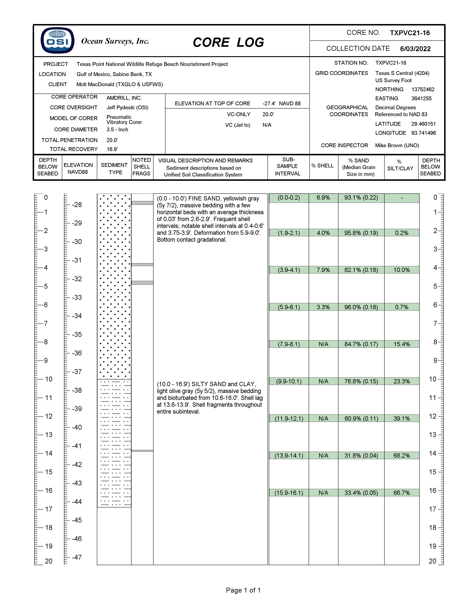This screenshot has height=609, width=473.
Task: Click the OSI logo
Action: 57,40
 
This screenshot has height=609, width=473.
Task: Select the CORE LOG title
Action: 228,42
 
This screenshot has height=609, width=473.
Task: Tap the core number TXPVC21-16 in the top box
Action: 410,33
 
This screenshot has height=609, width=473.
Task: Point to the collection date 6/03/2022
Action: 415,49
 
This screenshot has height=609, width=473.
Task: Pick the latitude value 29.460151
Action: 423,124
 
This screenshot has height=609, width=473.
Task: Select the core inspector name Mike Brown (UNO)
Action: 397,145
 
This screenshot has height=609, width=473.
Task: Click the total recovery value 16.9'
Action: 112,149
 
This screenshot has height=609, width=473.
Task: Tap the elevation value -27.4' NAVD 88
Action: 281,103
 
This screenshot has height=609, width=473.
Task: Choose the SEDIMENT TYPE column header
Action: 114,169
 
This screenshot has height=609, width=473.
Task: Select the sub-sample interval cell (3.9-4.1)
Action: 289,270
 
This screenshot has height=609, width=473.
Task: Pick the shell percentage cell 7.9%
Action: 323,270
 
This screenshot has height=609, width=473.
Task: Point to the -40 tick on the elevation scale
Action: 77,427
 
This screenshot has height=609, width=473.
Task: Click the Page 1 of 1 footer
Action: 243,590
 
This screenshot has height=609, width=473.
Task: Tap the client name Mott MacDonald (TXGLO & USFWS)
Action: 119,84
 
